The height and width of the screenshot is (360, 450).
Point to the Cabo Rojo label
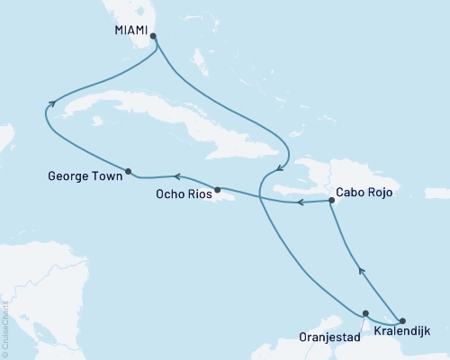click(x=366, y=192)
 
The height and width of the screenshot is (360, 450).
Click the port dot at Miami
click(x=153, y=37)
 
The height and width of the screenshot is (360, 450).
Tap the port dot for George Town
click(x=129, y=171)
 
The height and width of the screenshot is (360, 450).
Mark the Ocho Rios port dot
click(x=218, y=189)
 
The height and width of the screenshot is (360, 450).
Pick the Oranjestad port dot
click(x=364, y=314)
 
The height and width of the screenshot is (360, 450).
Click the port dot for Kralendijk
click(x=402, y=320)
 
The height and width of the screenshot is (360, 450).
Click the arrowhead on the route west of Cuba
click(x=52, y=103)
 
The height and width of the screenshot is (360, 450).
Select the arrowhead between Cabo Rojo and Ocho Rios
click(x=301, y=202)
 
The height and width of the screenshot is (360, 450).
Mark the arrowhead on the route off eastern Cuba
click(x=279, y=168)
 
